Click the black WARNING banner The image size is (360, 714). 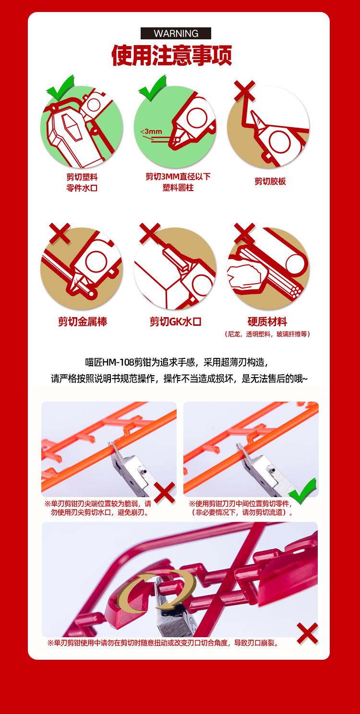(x=176, y=33)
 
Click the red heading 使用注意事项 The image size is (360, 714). (x=171, y=55)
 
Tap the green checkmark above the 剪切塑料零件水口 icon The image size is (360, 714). (x=60, y=88)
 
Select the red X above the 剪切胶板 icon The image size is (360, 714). (x=245, y=91)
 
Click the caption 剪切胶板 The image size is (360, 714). (x=270, y=181)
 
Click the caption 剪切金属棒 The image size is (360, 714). (x=83, y=321)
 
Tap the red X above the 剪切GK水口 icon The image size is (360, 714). (x=150, y=234)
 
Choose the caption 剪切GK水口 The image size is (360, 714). (x=176, y=321)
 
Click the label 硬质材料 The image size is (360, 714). (x=267, y=321)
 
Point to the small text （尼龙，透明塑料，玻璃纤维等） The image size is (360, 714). (x=267, y=334)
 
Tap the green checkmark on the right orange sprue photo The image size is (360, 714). (x=302, y=491)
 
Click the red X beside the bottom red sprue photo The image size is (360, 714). (x=307, y=633)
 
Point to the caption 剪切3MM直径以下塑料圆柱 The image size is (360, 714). (x=178, y=182)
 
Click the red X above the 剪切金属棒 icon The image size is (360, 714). (x=60, y=234)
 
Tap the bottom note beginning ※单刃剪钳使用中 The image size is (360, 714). (x=164, y=643)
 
